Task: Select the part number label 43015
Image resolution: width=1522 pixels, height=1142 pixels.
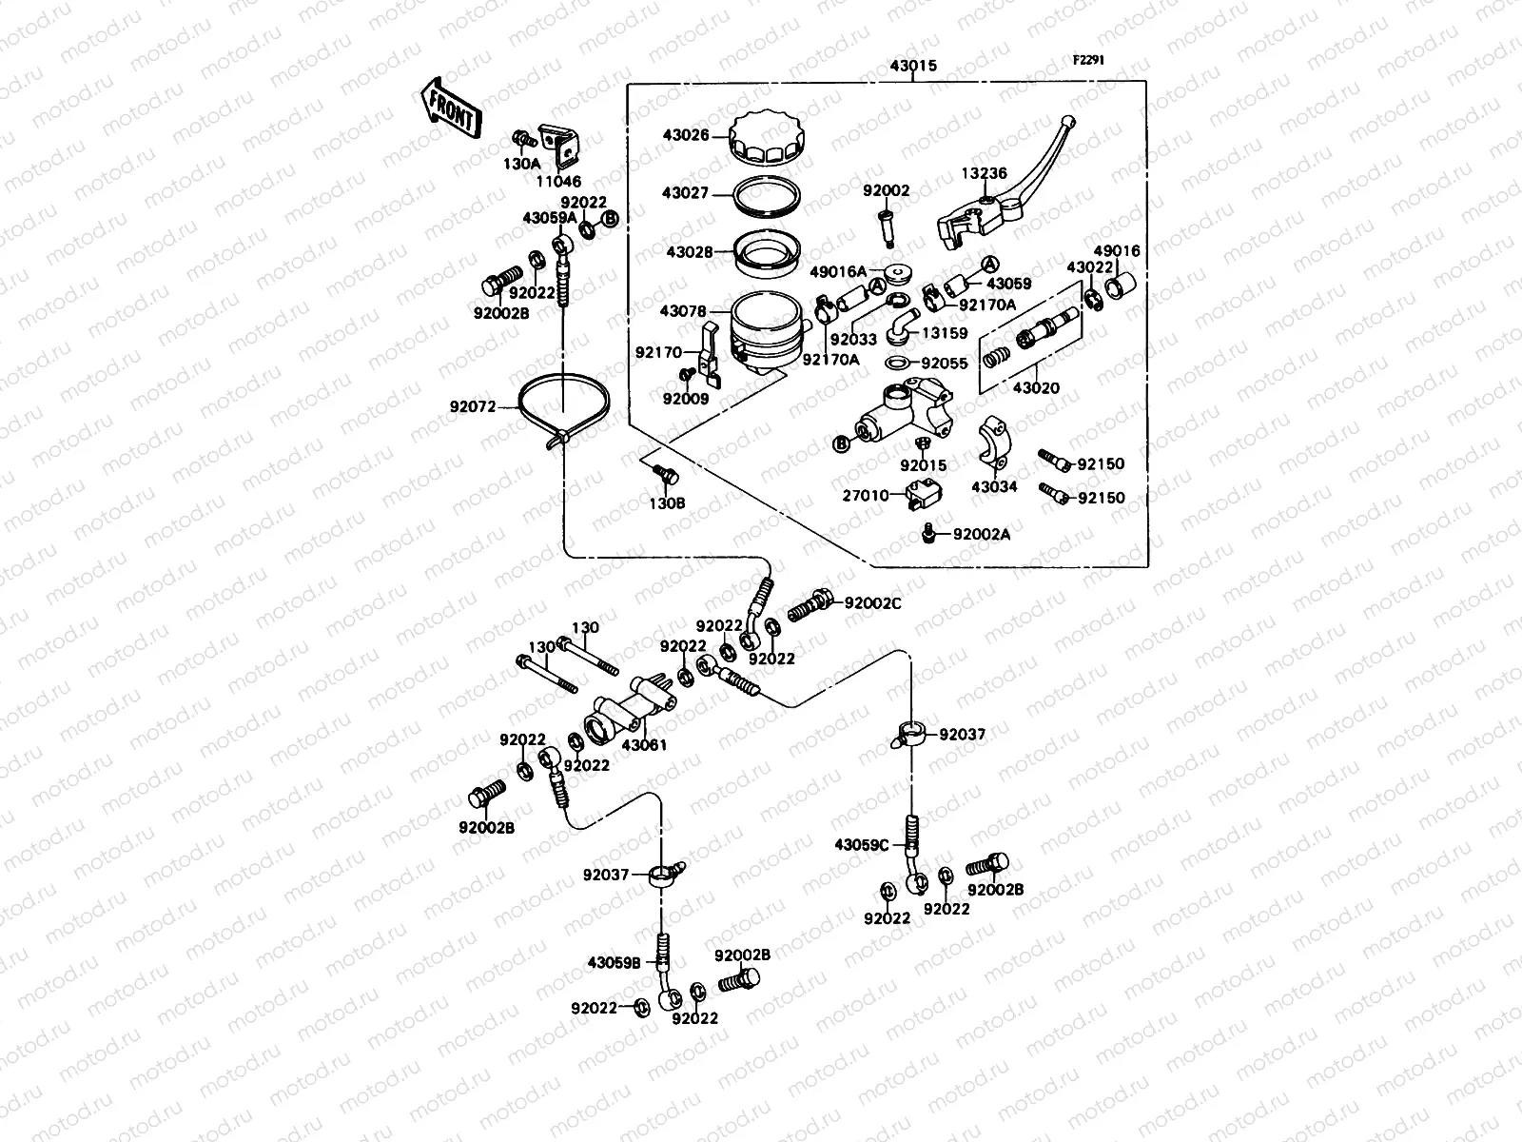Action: click(x=913, y=66)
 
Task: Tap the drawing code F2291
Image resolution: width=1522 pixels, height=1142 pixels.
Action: click(x=1088, y=59)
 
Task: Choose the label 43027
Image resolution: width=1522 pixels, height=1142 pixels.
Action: click(x=685, y=193)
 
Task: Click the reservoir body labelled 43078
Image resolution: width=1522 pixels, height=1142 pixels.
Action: click(x=766, y=328)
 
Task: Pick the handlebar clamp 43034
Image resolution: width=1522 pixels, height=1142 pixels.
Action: click(x=995, y=439)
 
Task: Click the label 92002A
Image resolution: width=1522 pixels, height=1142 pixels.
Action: click(x=981, y=535)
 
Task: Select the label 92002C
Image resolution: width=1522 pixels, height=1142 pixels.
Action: click(x=872, y=602)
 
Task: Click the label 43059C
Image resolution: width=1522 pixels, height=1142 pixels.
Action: click(x=862, y=844)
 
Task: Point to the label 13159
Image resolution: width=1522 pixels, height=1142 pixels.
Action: click(x=945, y=333)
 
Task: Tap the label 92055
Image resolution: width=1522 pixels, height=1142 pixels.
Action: click(x=944, y=363)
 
